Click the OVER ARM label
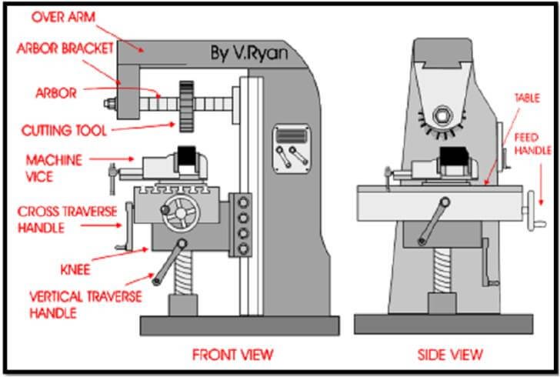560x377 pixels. click(63, 17)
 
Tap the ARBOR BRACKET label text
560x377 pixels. click(65, 48)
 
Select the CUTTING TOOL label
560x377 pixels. click(64, 131)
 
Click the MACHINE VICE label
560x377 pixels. click(54, 168)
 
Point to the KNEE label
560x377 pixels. click(75, 269)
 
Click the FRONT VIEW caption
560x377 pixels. click(232, 355)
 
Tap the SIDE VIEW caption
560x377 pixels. click(450, 355)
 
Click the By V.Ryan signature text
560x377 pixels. click(249, 53)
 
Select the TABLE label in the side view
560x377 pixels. click(527, 98)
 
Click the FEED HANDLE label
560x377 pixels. click(532, 144)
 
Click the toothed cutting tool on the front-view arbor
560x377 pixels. click(186, 106)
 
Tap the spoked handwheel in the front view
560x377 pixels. click(181, 213)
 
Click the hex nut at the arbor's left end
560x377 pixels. click(110, 104)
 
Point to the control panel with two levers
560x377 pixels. click(292, 149)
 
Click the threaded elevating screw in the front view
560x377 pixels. click(183, 272)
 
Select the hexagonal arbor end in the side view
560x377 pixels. click(442, 116)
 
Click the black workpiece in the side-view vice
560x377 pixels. click(454, 156)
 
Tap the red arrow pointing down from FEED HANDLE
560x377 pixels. click(541, 185)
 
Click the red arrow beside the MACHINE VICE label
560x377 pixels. click(112, 159)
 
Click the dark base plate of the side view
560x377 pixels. click(444, 324)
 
